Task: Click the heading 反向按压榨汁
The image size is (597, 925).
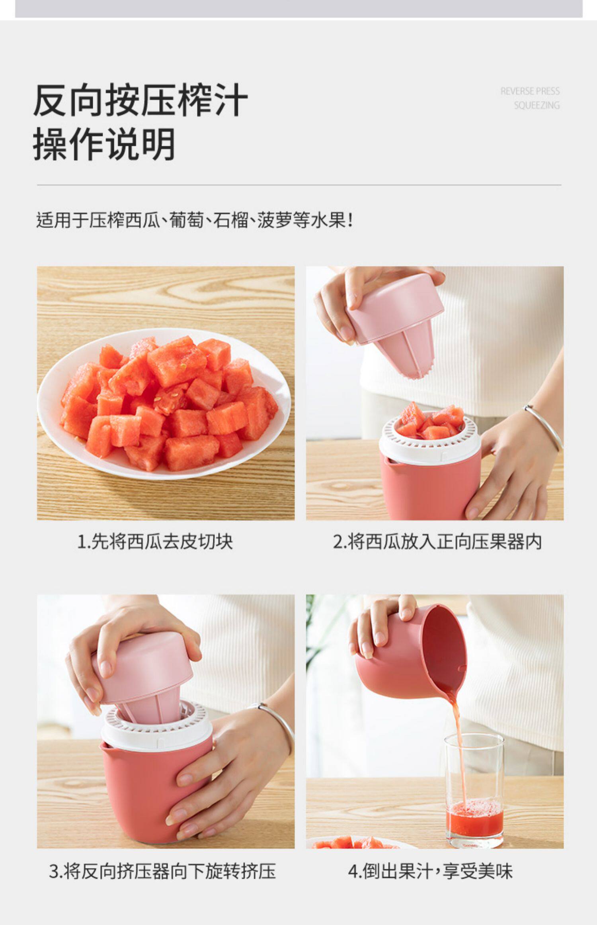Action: click(140, 100)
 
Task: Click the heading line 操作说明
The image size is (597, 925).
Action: click(104, 144)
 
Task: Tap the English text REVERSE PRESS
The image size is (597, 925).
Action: click(530, 91)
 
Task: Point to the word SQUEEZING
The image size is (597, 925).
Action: click(537, 105)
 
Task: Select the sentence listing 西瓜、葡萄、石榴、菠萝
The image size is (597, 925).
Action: click(195, 220)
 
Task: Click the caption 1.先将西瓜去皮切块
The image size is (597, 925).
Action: click(155, 542)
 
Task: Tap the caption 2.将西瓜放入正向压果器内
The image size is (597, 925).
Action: click(437, 542)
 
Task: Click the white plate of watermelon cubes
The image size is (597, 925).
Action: click(164, 403)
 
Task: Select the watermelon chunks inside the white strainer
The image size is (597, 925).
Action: click(431, 422)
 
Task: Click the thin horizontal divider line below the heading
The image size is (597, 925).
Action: click(299, 185)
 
